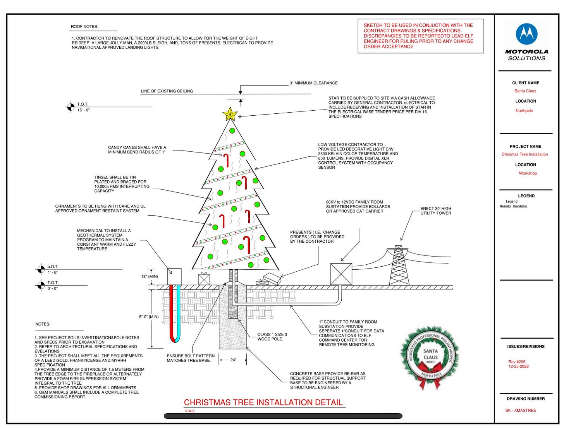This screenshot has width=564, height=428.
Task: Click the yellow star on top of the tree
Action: [230, 114]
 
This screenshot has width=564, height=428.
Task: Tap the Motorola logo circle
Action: [526, 34]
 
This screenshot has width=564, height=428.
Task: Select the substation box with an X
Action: [341, 274]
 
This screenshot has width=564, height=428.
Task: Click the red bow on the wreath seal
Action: [430, 381]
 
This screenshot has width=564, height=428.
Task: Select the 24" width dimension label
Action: [233, 360]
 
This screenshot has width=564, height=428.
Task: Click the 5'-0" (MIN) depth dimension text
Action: [149, 317]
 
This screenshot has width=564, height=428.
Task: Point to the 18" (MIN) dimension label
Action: [150, 277]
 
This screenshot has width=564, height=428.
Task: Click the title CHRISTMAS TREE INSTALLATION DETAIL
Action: [263, 402]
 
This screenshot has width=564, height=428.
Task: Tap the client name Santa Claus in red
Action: [525, 91]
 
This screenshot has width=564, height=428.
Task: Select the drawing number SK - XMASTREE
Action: [521, 410]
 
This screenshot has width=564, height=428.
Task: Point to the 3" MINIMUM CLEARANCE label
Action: [313, 83]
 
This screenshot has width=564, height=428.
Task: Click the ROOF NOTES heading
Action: [84, 27]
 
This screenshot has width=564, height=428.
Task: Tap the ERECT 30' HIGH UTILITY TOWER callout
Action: [436, 211]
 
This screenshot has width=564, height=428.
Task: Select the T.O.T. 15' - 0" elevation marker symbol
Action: [70, 107]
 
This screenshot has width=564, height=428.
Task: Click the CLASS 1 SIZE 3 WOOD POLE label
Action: [272, 337]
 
